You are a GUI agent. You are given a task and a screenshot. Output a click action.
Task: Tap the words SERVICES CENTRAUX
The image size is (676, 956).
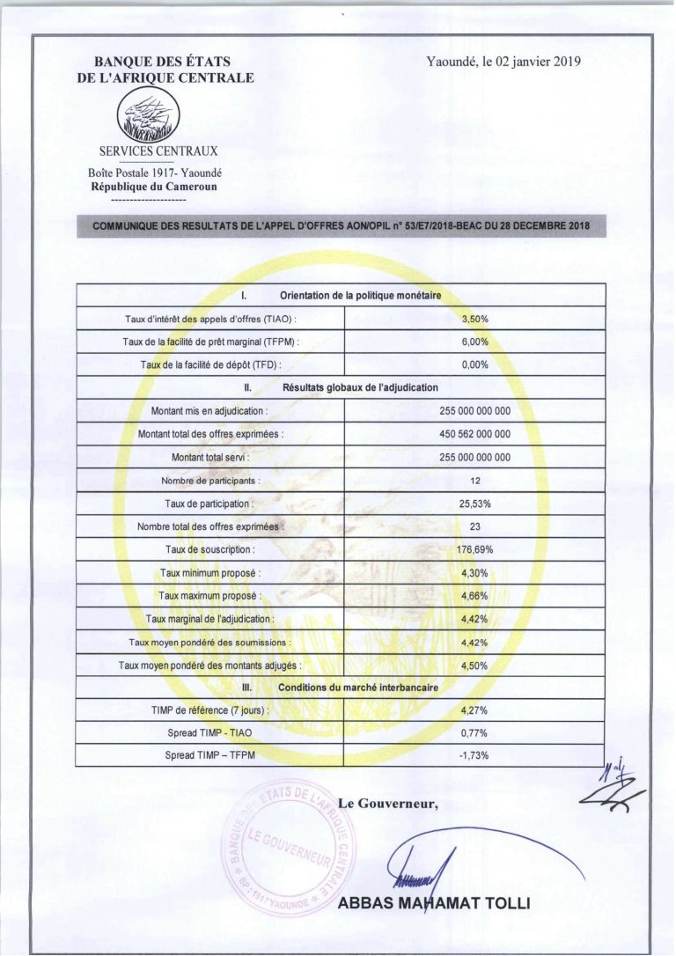(158, 151)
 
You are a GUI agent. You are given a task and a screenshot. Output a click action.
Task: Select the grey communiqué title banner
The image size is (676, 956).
(341, 225)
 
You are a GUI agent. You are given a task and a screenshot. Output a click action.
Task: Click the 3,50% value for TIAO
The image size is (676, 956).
(474, 319)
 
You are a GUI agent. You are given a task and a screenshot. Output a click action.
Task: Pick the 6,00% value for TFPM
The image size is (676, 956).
(474, 342)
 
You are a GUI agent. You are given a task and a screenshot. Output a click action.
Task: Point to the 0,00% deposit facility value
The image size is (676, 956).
(474, 364)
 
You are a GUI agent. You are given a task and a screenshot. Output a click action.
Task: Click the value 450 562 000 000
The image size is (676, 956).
(474, 434)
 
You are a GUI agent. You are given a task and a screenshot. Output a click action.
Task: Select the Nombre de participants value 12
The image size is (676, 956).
(474, 481)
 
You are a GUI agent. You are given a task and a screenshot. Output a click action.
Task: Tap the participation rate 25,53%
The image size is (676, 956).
(474, 504)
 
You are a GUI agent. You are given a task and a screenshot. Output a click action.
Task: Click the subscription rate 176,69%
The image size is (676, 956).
(474, 550)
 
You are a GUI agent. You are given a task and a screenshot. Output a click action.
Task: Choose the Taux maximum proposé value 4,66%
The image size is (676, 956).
(474, 596)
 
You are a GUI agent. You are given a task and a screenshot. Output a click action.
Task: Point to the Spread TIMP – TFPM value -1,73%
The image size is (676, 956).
(474, 755)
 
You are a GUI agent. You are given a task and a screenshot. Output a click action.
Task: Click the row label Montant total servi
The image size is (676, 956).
(210, 458)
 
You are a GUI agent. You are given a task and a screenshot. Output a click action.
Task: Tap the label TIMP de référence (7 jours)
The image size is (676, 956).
(210, 710)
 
